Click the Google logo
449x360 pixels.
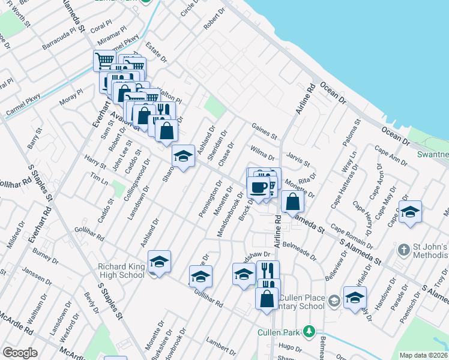(x=20, y=353)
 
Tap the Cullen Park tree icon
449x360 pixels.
(x=309, y=331)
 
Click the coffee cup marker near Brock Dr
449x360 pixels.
(x=259, y=187)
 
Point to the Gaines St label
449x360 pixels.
(x=264, y=132)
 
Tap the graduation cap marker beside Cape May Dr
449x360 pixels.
(x=410, y=212)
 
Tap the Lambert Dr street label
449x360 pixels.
(x=219, y=341)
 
